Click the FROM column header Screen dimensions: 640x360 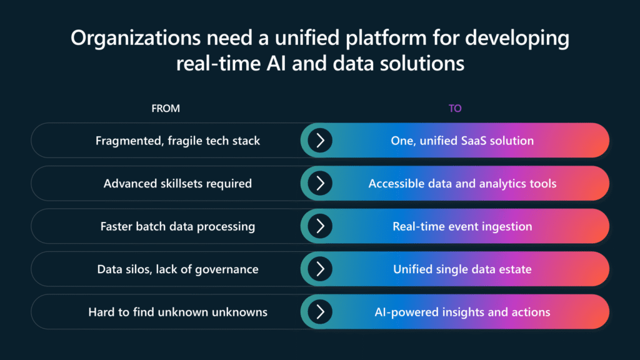165,108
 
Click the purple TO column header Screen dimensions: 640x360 455,108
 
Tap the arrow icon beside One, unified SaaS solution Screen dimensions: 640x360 320,141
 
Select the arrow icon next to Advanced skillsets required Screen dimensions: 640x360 320,183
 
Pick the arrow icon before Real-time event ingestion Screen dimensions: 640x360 320,226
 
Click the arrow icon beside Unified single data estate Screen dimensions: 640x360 320,269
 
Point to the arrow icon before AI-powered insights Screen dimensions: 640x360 320,312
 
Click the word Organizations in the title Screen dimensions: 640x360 136,39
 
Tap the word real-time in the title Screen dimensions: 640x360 218,64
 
